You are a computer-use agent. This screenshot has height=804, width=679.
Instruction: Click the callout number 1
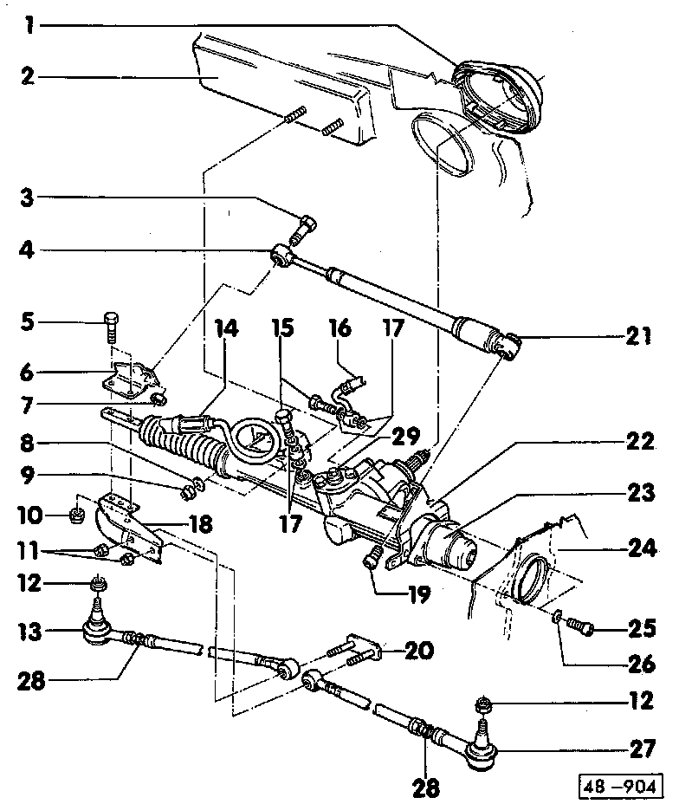pos(29,25)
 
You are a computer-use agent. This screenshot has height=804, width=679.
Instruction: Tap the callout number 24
pos(640,548)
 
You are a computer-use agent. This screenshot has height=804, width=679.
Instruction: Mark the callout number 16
pos(339,329)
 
